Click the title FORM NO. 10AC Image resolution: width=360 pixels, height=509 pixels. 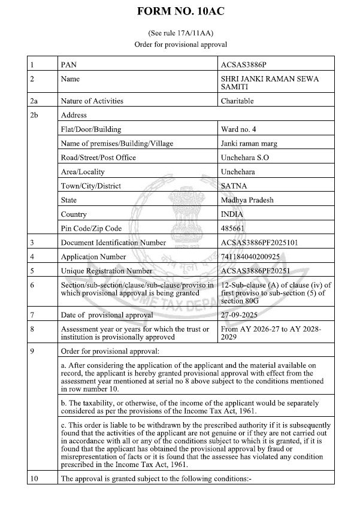(x=180, y=11)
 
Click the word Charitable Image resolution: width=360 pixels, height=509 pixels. (x=237, y=101)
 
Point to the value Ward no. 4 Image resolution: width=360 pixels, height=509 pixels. (x=239, y=129)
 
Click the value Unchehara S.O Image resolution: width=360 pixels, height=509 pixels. (x=247, y=157)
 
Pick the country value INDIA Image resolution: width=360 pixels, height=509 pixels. (x=233, y=214)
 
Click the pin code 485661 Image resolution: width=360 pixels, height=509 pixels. (x=234, y=229)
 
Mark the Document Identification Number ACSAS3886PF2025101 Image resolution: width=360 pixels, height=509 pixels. (x=260, y=243)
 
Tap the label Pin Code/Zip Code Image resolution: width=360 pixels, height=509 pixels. (x=91, y=229)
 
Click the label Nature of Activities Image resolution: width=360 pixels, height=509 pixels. (x=92, y=101)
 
